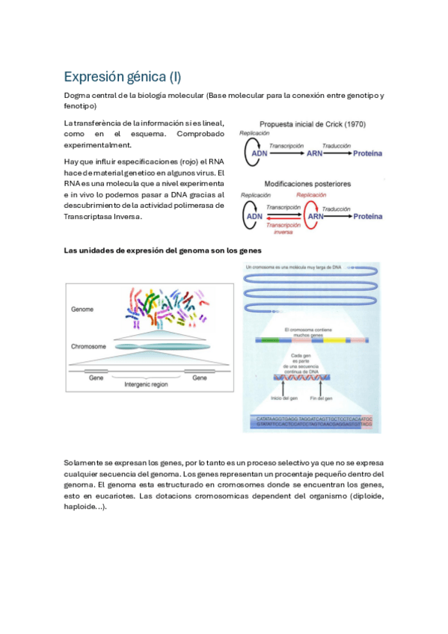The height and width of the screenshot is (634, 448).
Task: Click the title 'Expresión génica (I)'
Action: pyautogui.click(x=122, y=77)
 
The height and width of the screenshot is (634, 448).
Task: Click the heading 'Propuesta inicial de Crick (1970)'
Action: pyautogui.click(x=312, y=123)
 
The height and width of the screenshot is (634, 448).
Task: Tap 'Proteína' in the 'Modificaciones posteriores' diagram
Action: pyautogui.click(x=368, y=217)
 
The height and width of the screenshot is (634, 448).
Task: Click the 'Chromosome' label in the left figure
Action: pyautogui.click(x=88, y=347)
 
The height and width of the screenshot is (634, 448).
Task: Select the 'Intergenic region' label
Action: pyautogui.click(x=147, y=384)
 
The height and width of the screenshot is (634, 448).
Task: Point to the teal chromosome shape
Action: pyautogui.click(x=161, y=347)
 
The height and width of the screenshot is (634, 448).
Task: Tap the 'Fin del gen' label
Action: pyautogui.click(x=319, y=396)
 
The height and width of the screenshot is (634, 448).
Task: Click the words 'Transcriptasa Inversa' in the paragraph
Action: pyautogui.click(x=102, y=217)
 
